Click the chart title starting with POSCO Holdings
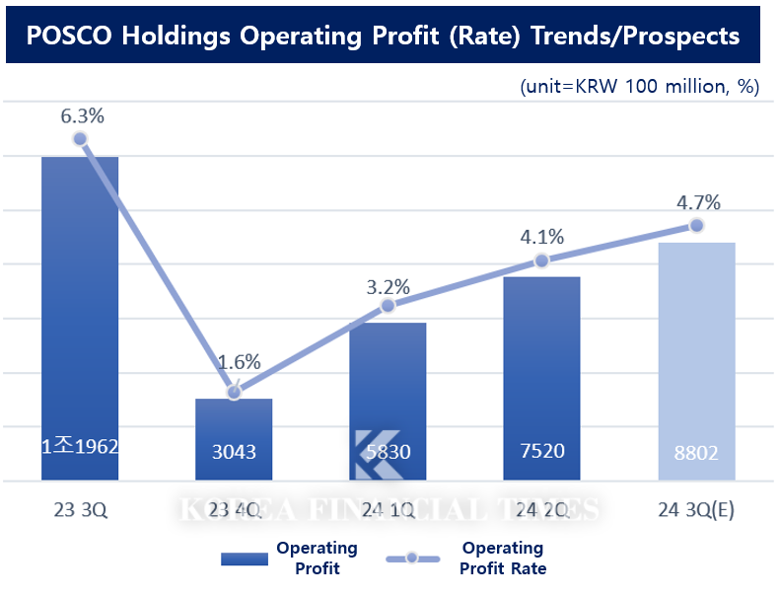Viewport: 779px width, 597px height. [383, 36]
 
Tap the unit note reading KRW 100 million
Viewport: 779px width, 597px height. [639, 86]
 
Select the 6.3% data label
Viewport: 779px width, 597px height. [82, 115]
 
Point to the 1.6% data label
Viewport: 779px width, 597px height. [239, 362]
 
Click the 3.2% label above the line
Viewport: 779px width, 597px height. [389, 288]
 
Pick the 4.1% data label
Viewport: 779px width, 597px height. [542, 237]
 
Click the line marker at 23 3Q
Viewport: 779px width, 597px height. [80, 139]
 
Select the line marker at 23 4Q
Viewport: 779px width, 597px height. [234, 393]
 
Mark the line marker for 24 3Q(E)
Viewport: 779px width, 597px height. [696, 225]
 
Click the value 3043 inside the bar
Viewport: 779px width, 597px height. [234, 452]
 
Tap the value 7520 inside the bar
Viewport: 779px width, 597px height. [541, 451]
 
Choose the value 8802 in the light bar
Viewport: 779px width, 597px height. [696, 452]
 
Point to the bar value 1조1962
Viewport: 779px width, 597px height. [80, 446]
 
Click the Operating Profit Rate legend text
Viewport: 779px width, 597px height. [503, 559]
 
